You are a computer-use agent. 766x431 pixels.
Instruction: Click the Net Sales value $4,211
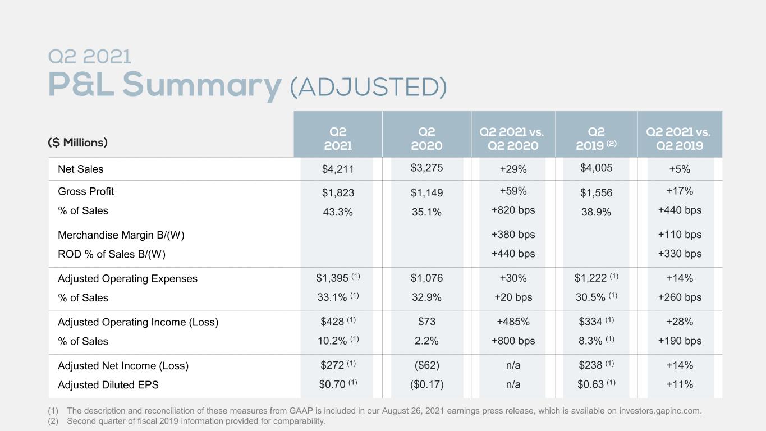point(337,169)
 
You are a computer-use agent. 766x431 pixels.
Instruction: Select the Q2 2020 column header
point(426,139)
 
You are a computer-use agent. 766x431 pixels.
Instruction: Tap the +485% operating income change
point(513,322)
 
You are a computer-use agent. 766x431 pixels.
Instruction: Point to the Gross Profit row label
point(86,191)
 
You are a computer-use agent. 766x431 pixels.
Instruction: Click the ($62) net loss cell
point(426,365)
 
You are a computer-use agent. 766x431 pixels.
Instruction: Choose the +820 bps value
point(513,210)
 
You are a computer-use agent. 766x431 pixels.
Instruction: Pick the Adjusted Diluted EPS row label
point(108,385)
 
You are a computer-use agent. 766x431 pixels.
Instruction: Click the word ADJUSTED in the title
point(368,86)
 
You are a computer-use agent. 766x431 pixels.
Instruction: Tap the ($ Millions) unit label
point(77,143)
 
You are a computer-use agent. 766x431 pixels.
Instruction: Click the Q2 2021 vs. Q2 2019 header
point(680,139)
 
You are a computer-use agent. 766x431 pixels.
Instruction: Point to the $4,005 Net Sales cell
point(596,168)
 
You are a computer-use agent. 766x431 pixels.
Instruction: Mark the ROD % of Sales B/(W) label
point(112,254)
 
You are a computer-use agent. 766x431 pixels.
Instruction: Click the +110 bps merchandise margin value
point(680,235)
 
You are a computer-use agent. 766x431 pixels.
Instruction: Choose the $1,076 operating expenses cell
point(426,278)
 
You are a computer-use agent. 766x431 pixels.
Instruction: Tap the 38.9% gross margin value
point(596,212)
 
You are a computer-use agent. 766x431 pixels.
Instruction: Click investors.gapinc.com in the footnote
point(659,411)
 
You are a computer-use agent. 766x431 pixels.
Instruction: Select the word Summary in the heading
point(202,85)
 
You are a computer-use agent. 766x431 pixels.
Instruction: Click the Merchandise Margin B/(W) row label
point(121,235)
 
